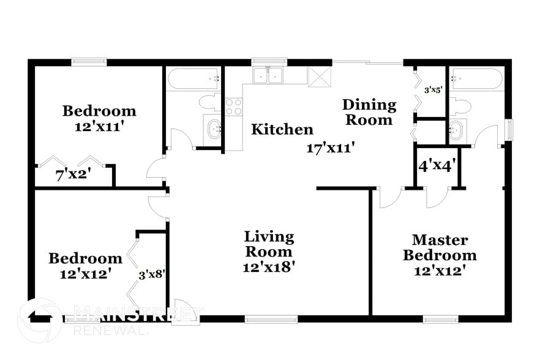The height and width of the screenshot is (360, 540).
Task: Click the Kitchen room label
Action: point(282,130)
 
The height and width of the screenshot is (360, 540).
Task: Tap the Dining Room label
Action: point(369,112)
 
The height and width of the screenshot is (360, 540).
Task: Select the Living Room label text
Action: point(269,244)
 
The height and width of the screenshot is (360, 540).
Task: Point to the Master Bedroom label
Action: point(439,247)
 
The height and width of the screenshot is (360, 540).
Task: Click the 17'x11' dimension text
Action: point(332,148)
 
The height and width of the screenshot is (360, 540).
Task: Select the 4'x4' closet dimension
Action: point(436,166)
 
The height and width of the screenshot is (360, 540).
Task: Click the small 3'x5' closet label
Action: point(433,90)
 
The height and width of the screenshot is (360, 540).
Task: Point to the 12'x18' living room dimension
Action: point(269,268)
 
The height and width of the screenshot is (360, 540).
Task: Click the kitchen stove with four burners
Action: point(233,107)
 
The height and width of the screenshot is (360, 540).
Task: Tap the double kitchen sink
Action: point(269,75)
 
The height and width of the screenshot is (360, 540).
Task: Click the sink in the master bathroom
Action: point(457,129)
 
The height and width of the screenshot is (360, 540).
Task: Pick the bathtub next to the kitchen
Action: point(193,78)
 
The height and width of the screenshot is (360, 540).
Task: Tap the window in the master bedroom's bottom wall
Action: point(440,318)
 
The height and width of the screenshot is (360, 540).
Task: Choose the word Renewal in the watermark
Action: point(110,330)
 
